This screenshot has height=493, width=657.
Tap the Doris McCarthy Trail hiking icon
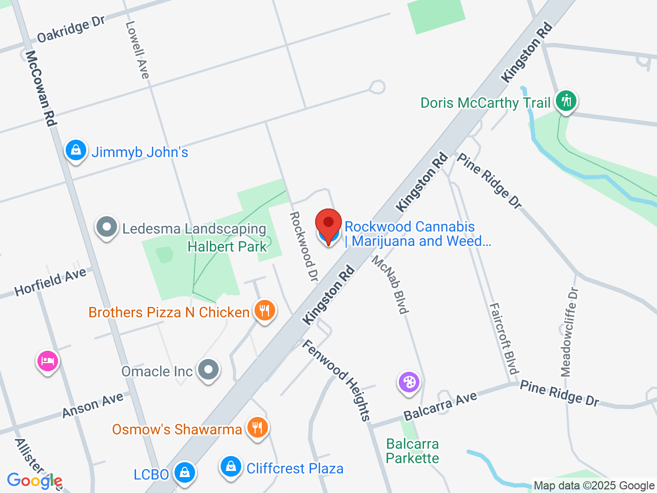566,100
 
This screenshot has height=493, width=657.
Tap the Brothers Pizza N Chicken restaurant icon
264,311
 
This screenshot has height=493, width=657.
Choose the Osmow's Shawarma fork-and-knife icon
257,427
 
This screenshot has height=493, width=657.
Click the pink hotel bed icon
48,361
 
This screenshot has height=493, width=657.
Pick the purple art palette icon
409,383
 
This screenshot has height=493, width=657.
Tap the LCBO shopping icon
184,471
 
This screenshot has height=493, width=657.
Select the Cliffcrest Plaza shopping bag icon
231,466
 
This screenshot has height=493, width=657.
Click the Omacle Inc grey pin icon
208,369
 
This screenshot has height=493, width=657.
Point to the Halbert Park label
227,246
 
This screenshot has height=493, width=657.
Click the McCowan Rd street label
41,88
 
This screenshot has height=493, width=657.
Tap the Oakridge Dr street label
71,29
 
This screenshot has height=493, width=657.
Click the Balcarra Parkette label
412,451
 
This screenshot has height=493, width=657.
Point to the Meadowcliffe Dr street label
570,332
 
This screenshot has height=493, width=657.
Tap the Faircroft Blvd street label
504,339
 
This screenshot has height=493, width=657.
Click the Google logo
34,481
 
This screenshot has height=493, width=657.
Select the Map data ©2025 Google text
594,485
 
